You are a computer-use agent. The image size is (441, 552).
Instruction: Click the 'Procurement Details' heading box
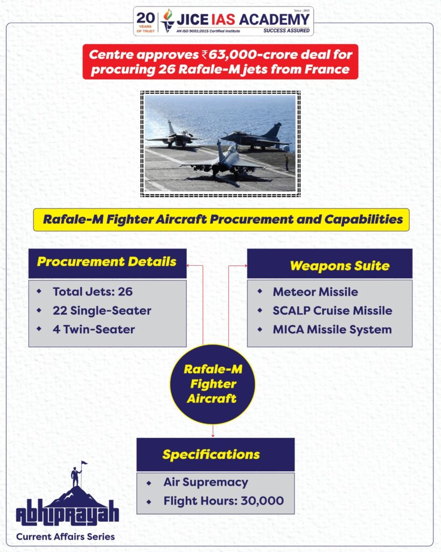[107, 263]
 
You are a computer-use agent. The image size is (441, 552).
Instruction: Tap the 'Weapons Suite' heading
[330, 265]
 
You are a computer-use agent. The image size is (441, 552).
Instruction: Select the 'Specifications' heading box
[215, 454]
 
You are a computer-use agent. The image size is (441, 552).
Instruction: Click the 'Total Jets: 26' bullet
[92, 292]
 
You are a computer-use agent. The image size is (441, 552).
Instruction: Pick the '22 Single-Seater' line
[101, 310]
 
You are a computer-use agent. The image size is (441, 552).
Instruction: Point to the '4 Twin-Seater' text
[94, 329]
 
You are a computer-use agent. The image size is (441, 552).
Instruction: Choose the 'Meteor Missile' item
[315, 292]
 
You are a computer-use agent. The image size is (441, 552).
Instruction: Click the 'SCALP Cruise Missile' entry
[332, 310]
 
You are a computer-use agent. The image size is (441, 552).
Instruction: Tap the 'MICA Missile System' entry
[332, 329]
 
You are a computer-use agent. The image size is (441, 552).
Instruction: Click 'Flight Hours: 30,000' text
[223, 501]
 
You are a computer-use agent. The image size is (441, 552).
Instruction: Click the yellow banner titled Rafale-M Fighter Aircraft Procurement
[221, 219]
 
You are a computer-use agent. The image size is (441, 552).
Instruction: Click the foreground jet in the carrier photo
[222, 162]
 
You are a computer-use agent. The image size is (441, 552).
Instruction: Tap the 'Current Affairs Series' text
[65, 536]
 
